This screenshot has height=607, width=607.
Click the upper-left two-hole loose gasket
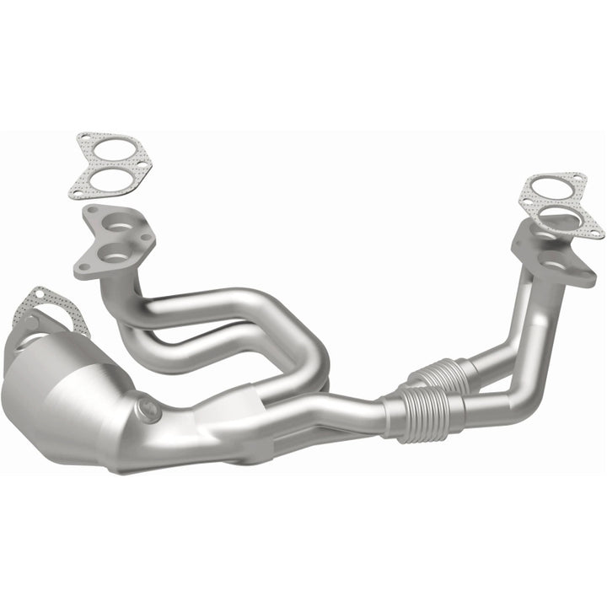pos(113,167)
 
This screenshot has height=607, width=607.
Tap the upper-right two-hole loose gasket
pos(560,205)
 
